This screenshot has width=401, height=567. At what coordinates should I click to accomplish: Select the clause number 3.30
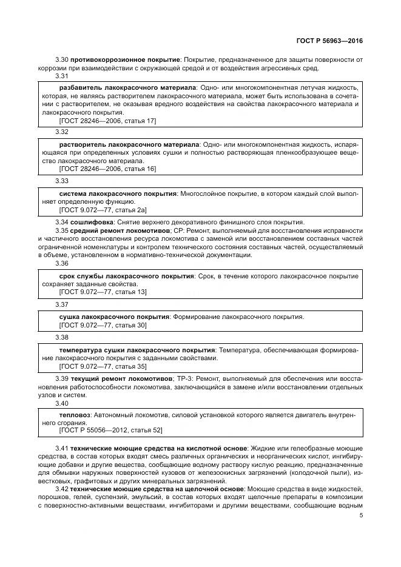click(x=62, y=59)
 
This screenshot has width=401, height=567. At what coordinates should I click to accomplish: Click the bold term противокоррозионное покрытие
click(x=126, y=59)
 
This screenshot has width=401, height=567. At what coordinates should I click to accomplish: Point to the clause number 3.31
click(x=62, y=76)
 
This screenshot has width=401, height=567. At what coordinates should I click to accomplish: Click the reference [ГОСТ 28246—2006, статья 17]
click(x=107, y=121)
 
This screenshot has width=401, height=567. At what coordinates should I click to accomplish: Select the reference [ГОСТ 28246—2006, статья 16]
click(x=107, y=169)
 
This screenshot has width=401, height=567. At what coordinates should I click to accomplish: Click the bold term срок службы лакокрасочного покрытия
click(x=127, y=276)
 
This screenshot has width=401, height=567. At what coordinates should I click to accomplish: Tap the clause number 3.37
click(x=62, y=304)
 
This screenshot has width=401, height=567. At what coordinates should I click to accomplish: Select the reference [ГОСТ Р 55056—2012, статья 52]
click(x=110, y=431)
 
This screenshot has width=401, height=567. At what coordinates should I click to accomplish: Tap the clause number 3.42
click(x=62, y=489)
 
